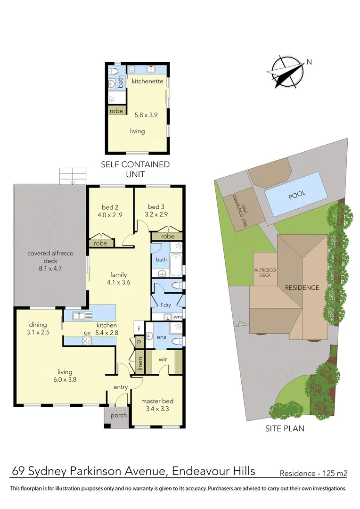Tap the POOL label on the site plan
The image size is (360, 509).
click(x=297, y=194)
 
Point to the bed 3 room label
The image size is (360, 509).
click(x=156, y=207)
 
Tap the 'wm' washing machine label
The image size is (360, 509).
click(x=177, y=317)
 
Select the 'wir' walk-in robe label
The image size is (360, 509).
click(x=163, y=359)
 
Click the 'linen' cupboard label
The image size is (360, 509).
click(x=140, y=362)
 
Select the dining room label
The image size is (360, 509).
click(x=38, y=324)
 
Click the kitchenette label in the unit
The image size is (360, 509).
click(x=147, y=81)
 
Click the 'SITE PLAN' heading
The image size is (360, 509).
click(x=284, y=428)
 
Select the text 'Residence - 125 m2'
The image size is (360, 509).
click(x=313, y=473)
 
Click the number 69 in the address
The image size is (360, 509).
click(x=18, y=471)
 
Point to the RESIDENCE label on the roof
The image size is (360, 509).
click(x=302, y=287)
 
